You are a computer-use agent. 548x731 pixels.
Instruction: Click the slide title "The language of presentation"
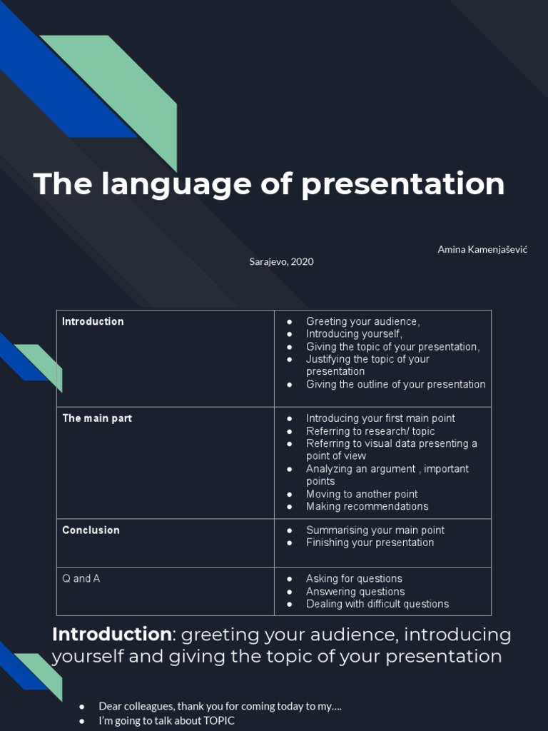pyautogui.click(x=269, y=184)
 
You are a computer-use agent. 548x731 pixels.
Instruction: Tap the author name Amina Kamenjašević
pyautogui.click(x=482, y=249)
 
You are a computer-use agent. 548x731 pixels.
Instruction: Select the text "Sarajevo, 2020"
pyautogui.click(x=281, y=261)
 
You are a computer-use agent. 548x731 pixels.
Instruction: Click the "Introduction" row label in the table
pyautogui.click(x=93, y=321)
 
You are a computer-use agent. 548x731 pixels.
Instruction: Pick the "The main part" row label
pyautogui.click(x=97, y=418)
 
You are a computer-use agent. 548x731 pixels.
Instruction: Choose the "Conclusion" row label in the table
pyautogui.click(x=91, y=530)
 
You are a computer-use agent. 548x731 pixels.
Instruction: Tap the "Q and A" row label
pyautogui.click(x=81, y=578)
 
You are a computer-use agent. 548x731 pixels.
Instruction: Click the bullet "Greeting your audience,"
pyautogui.click(x=362, y=321)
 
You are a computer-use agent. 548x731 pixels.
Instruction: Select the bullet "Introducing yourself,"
pyautogui.click(x=354, y=334)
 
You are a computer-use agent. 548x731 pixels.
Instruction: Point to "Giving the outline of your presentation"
pyautogui.click(x=395, y=384)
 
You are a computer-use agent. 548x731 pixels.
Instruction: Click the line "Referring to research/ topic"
pyautogui.click(x=370, y=431)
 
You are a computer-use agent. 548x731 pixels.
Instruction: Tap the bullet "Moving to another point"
pyautogui.click(x=362, y=494)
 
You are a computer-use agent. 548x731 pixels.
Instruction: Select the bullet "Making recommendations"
pyautogui.click(x=367, y=506)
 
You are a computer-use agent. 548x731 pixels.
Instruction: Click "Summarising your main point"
pyautogui.click(x=375, y=530)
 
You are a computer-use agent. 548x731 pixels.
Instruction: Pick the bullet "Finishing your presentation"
pyautogui.click(x=370, y=543)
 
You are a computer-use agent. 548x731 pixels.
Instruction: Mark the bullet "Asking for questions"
pyautogui.click(x=354, y=578)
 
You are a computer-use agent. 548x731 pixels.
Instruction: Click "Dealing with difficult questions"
pyautogui.click(x=377, y=604)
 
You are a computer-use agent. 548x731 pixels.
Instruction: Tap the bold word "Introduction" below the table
pyautogui.click(x=111, y=634)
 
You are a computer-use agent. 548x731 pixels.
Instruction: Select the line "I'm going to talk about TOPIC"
pyautogui.click(x=166, y=721)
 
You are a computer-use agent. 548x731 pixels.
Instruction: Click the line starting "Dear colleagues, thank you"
pyautogui.click(x=220, y=706)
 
